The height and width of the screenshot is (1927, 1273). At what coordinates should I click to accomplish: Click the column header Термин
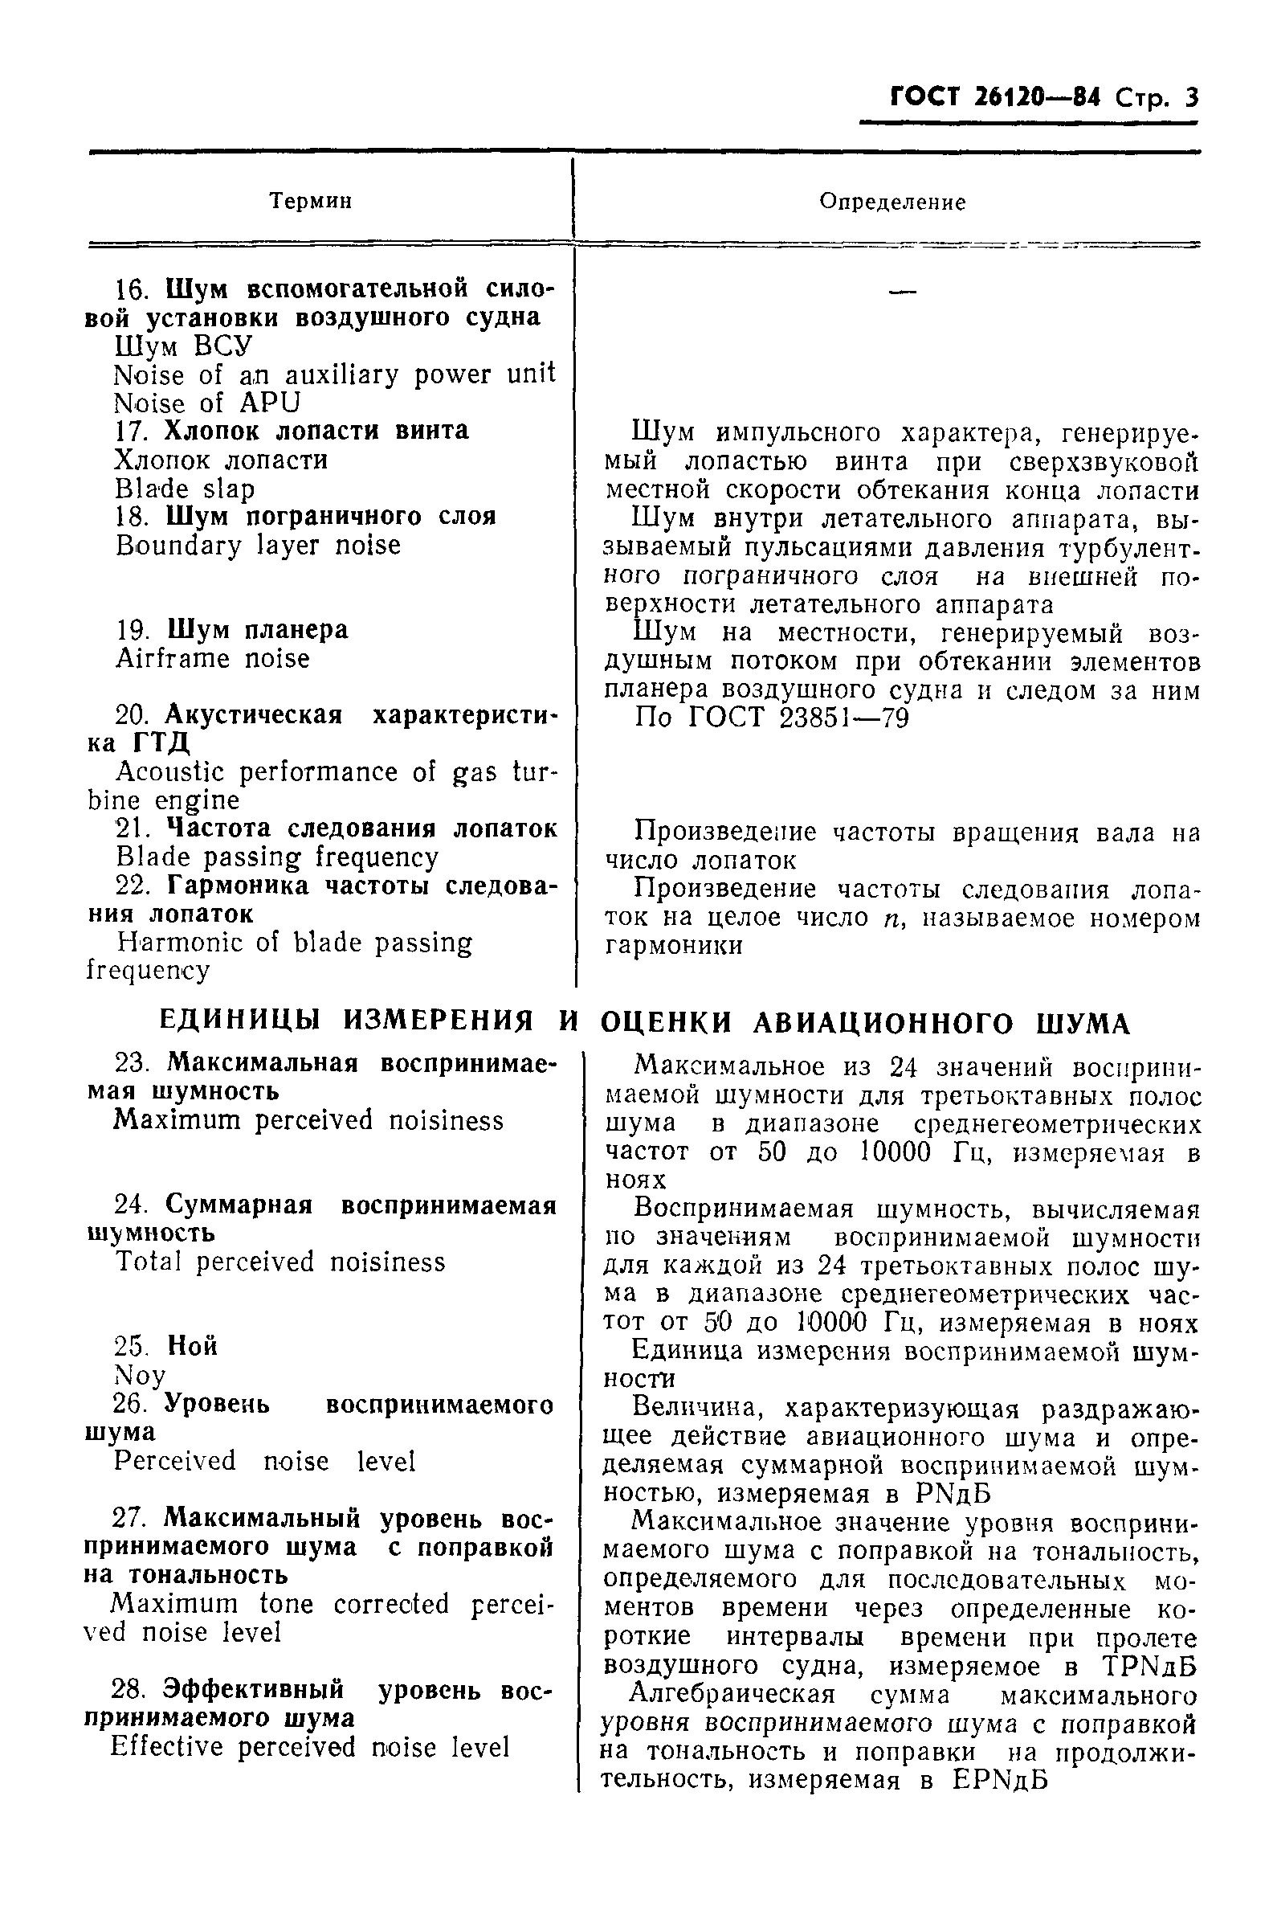(310, 201)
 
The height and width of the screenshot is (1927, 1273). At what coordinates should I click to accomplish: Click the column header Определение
(892, 203)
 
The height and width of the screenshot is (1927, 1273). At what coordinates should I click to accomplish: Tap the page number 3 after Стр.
(1191, 99)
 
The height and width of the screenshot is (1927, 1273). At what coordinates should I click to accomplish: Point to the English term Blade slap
(185, 489)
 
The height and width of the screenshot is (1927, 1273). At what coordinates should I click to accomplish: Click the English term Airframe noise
(213, 659)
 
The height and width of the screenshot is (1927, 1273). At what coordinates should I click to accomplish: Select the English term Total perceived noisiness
(280, 1262)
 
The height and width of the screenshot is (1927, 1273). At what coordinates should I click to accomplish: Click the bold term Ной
(193, 1346)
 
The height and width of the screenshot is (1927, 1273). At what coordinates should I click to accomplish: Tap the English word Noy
(141, 1376)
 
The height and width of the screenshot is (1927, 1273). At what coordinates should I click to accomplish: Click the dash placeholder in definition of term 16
(902, 290)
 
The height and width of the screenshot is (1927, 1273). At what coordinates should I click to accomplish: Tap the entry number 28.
(129, 1691)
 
